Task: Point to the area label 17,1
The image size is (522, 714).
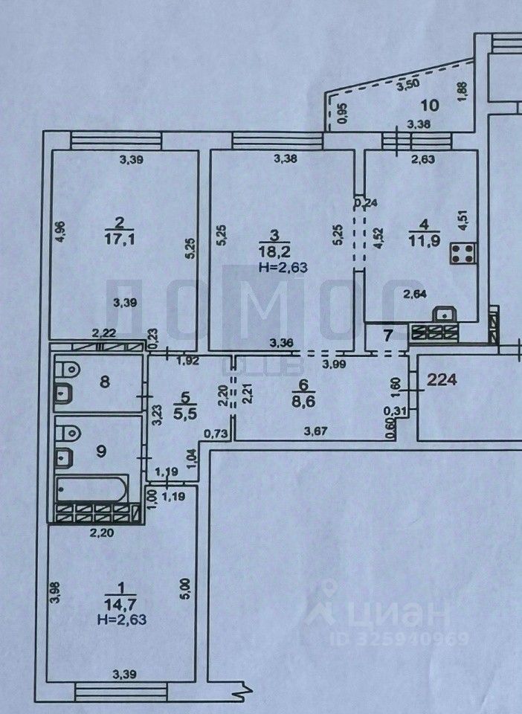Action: pyautogui.click(x=119, y=236)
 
